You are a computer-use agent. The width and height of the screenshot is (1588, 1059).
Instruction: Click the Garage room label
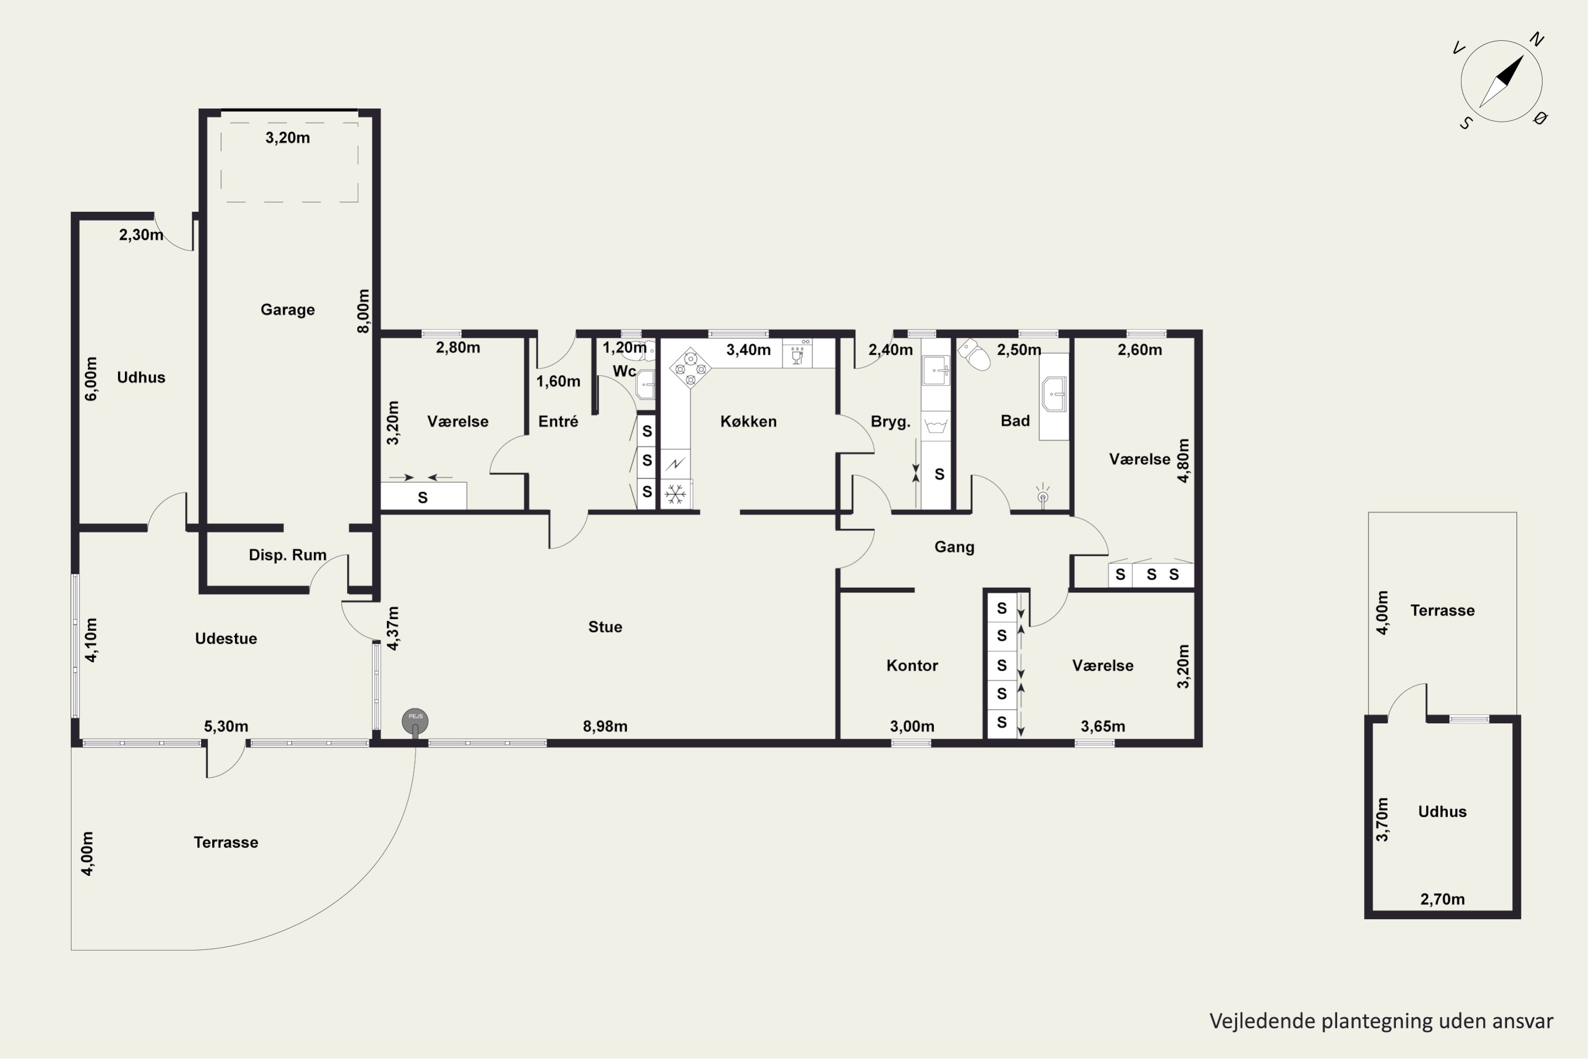[287, 310]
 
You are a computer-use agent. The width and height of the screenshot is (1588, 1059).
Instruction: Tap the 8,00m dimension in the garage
[363, 311]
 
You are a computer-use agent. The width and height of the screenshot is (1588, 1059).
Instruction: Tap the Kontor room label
[912, 666]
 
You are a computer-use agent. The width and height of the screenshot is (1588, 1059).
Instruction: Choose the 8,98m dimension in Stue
[605, 726]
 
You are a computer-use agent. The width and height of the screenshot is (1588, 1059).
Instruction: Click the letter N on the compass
[1537, 39]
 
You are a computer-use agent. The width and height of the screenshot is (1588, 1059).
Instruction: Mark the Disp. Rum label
[287, 555]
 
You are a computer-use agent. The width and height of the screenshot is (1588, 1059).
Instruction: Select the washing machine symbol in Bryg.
[936, 426]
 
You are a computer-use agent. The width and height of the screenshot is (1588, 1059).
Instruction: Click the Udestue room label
[226, 639]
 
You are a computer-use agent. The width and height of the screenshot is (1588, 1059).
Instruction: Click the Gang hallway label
[954, 548]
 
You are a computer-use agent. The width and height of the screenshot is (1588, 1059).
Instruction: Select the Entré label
[558, 421]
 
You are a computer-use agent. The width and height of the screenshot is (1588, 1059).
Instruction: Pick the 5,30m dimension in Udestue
[226, 726]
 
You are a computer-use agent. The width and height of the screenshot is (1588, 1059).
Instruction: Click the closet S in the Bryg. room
[939, 475]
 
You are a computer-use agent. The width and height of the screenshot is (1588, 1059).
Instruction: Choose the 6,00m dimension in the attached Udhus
[91, 379]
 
